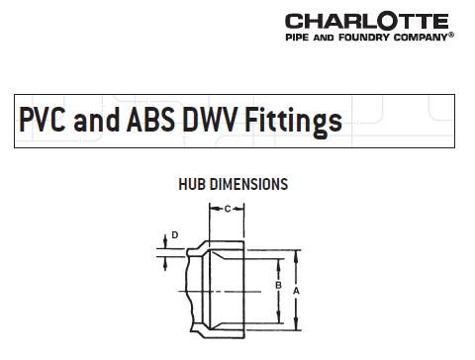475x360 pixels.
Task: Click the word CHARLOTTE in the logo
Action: [x=366, y=21]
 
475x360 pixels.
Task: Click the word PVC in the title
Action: [x=44, y=121]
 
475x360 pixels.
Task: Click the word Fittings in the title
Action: [x=297, y=121]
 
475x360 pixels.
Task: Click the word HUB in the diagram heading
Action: [x=191, y=184]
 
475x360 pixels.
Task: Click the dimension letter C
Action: [x=228, y=209]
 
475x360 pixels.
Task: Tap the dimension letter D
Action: [x=174, y=235]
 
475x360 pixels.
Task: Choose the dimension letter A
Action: [x=295, y=290]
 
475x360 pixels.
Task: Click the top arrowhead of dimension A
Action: [x=295, y=253]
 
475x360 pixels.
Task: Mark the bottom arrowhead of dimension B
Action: [x=277, y=320]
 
